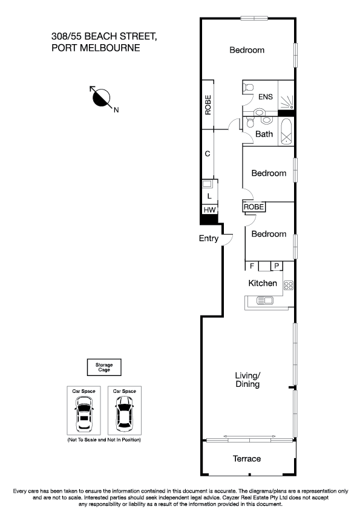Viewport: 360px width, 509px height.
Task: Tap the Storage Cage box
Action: pos(104,367)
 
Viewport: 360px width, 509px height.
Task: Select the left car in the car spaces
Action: pos(83,415)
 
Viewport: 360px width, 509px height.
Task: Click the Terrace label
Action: pos(247,459)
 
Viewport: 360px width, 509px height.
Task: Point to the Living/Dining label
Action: pos(247,380)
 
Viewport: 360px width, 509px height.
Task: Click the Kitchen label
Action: pos(263,283)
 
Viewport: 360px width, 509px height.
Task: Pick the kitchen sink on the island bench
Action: pos(264,299)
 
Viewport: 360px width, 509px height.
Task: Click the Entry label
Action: pos(209,238)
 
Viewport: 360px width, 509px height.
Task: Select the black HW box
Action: pos(209,210)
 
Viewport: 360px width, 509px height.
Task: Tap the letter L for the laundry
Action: pos(209,196)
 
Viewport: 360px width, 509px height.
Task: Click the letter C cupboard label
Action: pos(208,154)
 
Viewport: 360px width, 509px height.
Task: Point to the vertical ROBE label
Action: pos(208,105)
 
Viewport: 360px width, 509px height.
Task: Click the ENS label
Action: pos(266,97)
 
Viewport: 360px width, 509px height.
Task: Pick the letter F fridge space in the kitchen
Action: pos(252,265)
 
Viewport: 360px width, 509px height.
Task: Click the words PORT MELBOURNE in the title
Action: pos(96,48)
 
